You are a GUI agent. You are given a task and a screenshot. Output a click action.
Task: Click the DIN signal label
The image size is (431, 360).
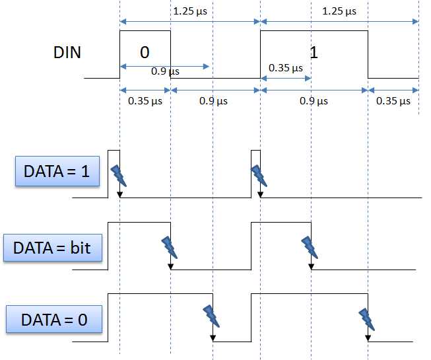click(x=67, y=52)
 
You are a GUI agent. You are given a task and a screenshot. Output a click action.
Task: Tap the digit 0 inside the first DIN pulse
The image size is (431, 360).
click(x=145, y=52)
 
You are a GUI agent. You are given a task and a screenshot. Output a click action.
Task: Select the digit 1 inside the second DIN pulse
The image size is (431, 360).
click(x=314, y=52)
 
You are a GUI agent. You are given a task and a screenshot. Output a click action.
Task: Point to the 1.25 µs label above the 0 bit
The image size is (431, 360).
click(x=188, y=11)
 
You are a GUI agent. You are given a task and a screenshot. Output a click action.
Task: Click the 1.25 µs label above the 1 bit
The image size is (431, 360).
click(x=339, y=11)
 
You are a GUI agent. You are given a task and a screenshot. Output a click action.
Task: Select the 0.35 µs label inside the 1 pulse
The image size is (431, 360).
click(x=286, y=68)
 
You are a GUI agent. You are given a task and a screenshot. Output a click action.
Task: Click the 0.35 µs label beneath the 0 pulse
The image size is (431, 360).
click(x=145, y=101)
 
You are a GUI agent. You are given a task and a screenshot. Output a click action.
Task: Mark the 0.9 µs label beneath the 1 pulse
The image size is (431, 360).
click(x=314, y=101)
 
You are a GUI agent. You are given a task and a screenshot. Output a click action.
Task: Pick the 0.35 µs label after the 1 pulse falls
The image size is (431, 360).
click(x=393, y=101)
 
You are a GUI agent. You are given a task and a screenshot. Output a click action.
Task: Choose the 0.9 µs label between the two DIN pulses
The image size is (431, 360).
click(x=213, y=101)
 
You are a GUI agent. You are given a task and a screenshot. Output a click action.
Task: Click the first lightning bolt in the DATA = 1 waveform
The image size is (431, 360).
click(x=119, y=174)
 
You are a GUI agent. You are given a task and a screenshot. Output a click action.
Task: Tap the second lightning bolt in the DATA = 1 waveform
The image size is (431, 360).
click(x=259, y=175)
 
